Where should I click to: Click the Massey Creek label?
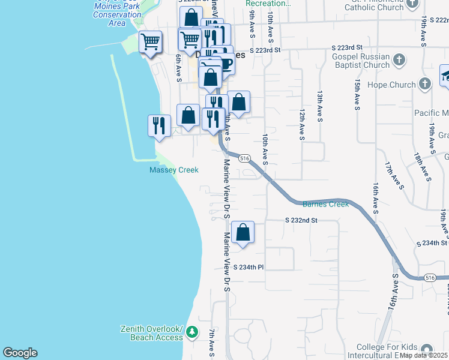(x=173, y=170)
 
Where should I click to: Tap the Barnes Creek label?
(x=325, y=204)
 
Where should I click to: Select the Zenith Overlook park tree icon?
(x=192, y=332)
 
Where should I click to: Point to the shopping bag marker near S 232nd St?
(x=243, y=232)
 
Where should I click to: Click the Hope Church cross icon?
(x=426, y=84)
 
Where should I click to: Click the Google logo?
(x=20, y=353)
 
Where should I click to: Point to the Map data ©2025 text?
(x=424, y=355)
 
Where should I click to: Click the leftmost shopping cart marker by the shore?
(x=150, y=42)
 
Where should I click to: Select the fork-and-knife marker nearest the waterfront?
(x=159, y=125)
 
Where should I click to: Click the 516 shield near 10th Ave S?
(x=244, y=158)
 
